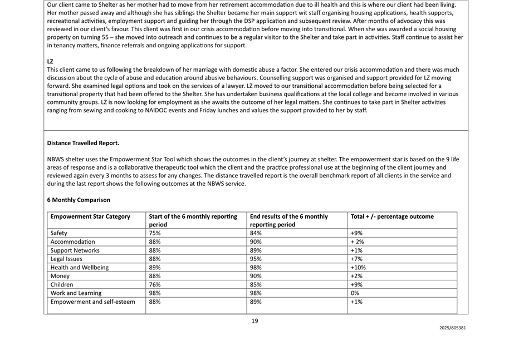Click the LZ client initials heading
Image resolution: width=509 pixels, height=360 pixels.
(50, 61)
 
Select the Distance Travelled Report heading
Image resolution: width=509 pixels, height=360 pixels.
(83, 143)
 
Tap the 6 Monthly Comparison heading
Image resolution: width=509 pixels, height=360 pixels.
(79, 200)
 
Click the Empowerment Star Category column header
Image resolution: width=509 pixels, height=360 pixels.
(90, 216)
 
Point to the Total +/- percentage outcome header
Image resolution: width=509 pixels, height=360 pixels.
(392, 216)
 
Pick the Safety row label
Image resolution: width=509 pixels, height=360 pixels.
(59, 233)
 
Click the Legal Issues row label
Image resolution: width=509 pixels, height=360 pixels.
(66, 259)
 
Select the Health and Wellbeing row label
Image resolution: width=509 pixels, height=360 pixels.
(80, 267)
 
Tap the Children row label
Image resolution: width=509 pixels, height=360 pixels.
(62, 284)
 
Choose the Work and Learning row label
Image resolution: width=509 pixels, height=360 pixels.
(76, 293)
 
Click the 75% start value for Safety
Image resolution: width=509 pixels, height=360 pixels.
(155, 233)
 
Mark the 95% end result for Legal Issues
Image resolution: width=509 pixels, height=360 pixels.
(256, 259)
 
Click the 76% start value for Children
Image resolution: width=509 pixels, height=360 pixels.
(155, 284)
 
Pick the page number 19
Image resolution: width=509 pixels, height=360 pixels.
(254, 320)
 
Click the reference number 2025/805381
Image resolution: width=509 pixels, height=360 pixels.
(452, 328)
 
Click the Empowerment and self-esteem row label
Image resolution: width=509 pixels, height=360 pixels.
(92, 302)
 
